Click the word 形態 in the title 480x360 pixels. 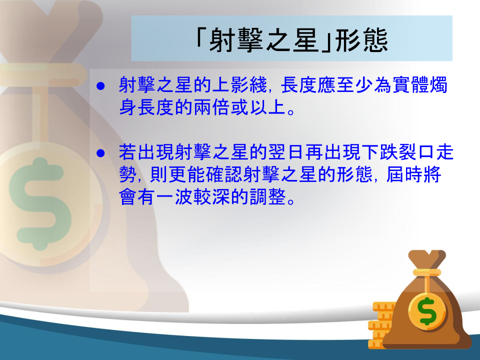361,40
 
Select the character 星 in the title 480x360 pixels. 305,40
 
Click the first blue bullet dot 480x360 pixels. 100,86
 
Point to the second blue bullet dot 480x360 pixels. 100,153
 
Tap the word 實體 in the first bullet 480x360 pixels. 410,85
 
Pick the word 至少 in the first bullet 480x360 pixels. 354,85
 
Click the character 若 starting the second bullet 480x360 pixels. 128,152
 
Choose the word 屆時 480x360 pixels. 404,174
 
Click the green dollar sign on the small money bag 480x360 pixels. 427,311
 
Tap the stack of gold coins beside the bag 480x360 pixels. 381,325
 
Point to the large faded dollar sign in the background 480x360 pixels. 40,204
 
